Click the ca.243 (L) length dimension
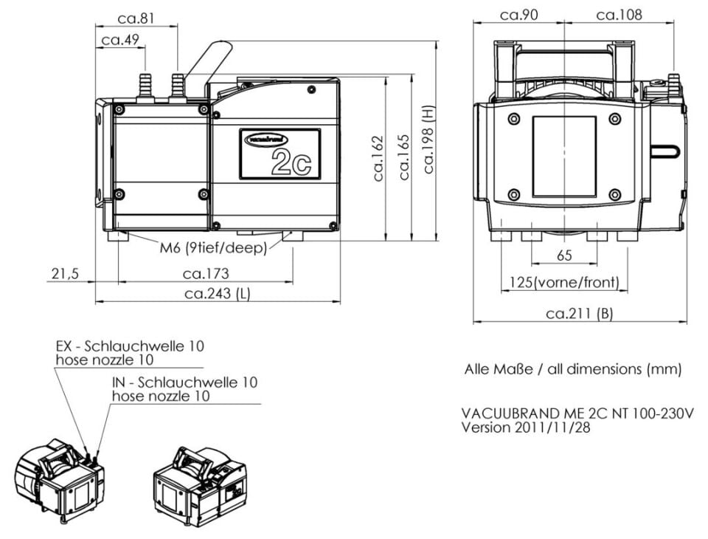tap(218, 294)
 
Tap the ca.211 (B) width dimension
tap(579, 314)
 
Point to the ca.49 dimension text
tap(120, 40)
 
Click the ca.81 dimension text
tap(136, 18)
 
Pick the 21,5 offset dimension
tap(64, 274)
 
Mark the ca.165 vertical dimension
tap(404, 157)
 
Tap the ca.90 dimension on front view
tap(518, 14)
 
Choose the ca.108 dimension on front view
tap(619, 14)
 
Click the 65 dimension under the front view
tap(563, 255)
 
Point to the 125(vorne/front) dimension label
tap(565, 282)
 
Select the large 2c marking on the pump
tap(291, 162)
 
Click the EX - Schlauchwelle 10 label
tap(130, 346)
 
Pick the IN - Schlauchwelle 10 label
tap(184, 382)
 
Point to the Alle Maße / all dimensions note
tap(572, 368)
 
